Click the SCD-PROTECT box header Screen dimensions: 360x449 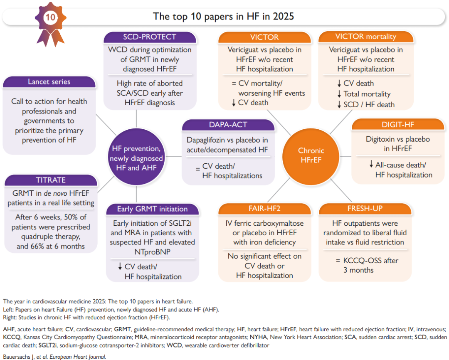click(150, 37)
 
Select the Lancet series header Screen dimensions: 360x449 click(49, 81)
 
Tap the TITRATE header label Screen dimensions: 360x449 click(51, 180)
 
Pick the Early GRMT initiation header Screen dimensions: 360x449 click(152, 209)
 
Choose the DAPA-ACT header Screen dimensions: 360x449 click(228, 125)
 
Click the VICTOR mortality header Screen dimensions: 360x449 click(366, 37)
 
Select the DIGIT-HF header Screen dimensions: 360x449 click(398, 124)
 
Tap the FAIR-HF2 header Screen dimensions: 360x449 click(264, 209)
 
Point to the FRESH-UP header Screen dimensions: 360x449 click(365, 209)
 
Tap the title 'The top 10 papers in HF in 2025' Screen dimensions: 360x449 click(224, 17)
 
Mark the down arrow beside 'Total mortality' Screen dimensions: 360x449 click(340, 94)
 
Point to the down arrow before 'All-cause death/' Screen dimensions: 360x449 click(371, 165)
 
